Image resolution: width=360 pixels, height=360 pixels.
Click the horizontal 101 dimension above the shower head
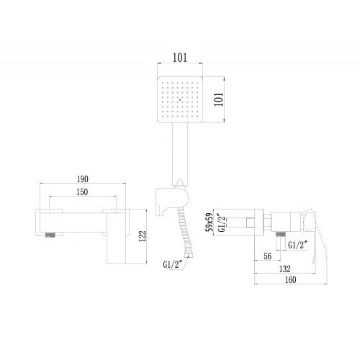180,58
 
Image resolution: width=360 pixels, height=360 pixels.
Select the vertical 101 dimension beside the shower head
219,99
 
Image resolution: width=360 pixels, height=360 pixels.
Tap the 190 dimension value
83,179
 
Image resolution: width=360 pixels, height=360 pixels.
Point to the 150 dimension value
82,192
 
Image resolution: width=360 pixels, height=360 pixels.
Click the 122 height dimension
143,236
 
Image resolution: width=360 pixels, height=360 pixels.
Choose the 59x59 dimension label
210,222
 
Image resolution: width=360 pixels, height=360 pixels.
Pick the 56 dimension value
268,256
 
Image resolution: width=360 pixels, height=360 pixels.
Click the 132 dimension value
285,269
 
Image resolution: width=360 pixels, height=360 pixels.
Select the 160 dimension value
290,280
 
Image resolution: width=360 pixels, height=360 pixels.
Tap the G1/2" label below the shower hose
173,264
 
